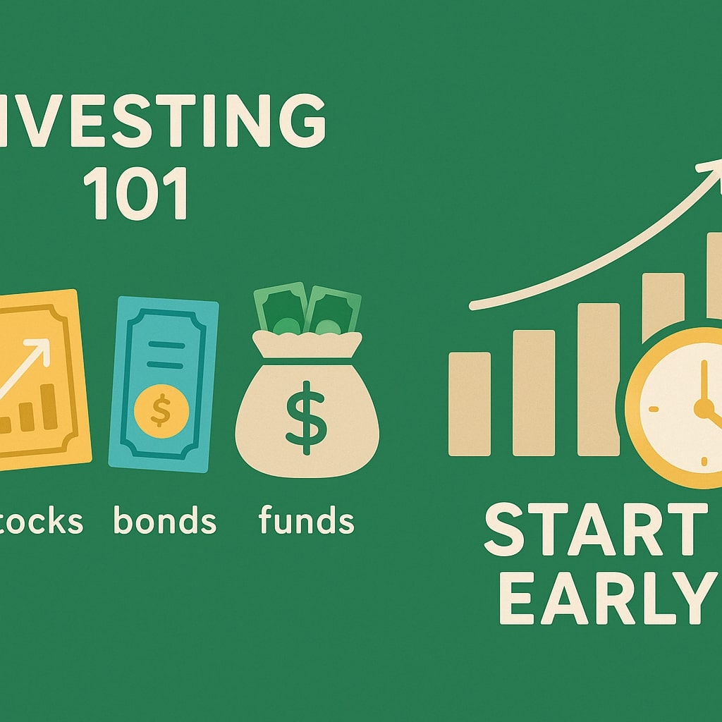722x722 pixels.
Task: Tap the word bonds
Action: click(x=164, y=521)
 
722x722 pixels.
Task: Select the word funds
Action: click(x=306, y=521)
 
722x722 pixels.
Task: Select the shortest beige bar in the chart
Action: click(x=469, y=403)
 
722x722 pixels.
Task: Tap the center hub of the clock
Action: click(x=702, y=407)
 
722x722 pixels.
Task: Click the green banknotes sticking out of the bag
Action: click(x=307, y=310)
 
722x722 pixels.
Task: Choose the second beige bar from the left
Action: click(x=533, y=392)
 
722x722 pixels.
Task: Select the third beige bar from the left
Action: click(x=598, y=379)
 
